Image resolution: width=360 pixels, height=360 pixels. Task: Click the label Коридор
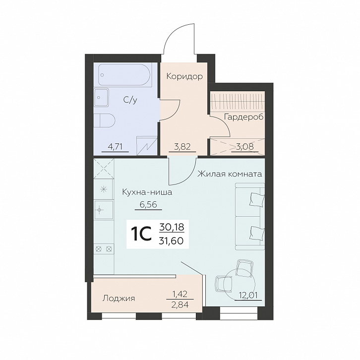pyautogui.click(x=184, y=76)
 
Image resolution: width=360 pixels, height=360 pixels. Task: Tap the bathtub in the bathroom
pyautogui.click(x=124, y=75)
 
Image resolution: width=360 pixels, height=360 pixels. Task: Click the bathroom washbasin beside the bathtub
pyautogui.click(x=101, y=97)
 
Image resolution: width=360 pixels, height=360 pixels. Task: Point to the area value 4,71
pyautogui.click(x=115, y=146)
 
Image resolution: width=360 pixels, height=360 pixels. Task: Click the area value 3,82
pyautogui.click(x=182, y=146)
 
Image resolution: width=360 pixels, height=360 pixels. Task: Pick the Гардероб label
pyautogui.click(x=244, y=117)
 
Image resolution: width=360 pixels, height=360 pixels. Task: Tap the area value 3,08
pyautogui.click(x=245, y=146)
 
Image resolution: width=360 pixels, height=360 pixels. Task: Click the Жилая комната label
pyautogui.click(x=230, y=174)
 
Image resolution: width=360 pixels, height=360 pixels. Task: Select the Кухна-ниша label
pyautogui.click(x=147, y=192)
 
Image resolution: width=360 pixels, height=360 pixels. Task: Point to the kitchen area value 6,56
pyautogui.click(x=148, y=204)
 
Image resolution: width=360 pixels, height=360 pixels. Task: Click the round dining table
pyautogui.click(x=240, y=283)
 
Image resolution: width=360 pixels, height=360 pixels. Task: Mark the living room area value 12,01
pyautogui.click(x=248, y=295)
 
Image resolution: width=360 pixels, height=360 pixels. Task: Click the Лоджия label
pyautogui.click(x=119, y=299)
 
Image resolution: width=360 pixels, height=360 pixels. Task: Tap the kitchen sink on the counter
pyautogui.click(x=104, y=210)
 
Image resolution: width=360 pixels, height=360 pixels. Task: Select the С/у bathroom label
pyautogui.click(x=130, y=100)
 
